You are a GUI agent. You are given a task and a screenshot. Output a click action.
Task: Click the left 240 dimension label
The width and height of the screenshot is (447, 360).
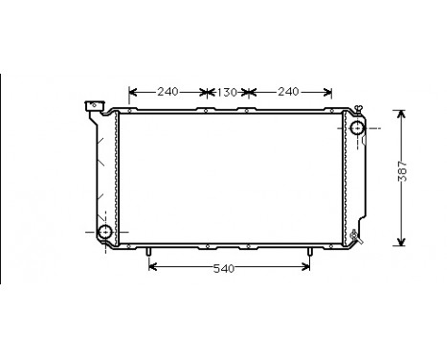(168, 92)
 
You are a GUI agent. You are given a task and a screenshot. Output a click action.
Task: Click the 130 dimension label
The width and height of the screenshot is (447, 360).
(226, 92)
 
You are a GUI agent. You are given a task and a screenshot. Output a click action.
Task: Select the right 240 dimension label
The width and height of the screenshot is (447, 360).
(286, 92)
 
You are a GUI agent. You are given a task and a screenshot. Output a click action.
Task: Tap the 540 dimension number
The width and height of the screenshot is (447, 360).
(223, 268)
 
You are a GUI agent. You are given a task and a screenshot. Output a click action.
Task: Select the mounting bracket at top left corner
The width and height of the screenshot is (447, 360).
(94, 106)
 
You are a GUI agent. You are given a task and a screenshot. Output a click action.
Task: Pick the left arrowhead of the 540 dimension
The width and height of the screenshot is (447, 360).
(153, 268)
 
